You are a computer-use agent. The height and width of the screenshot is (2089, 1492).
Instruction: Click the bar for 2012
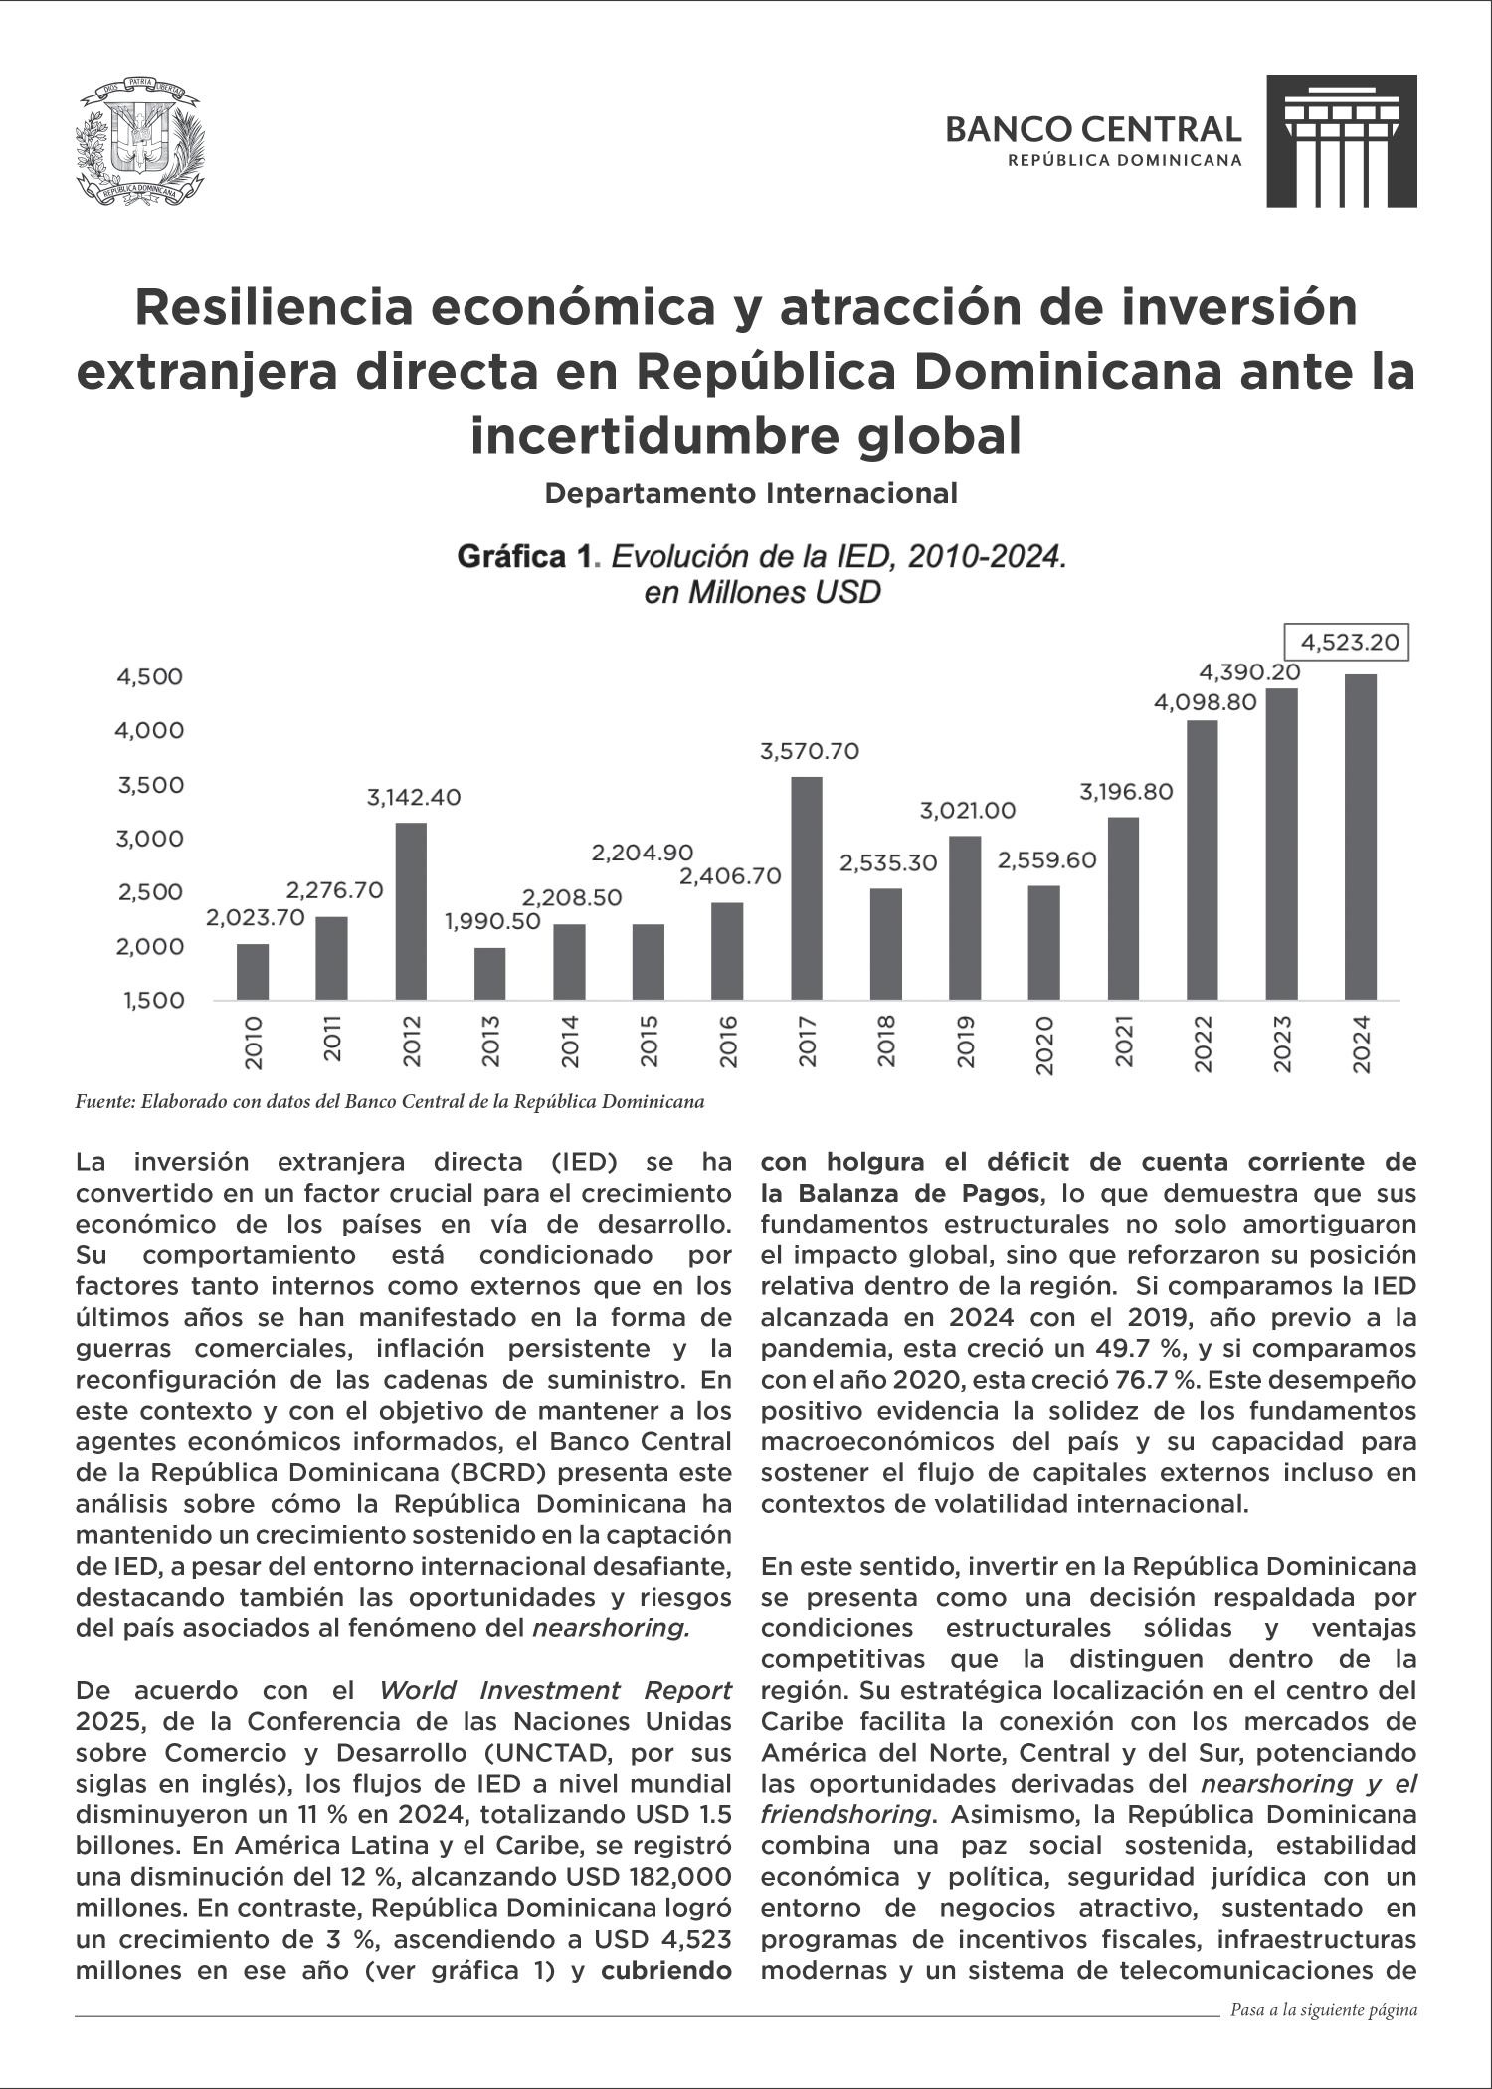[x=411, y=910]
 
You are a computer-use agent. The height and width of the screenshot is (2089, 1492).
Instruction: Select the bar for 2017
[x=807, y=887]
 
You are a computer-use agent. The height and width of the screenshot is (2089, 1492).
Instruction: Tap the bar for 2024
[x=1361, y=837]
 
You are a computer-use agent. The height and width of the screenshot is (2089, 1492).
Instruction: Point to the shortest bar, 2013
[x=489, y=973]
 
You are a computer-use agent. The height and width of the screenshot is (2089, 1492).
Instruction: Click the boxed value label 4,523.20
[x=1348, y=643]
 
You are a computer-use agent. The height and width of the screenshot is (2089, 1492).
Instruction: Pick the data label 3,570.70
[x=810, y=752]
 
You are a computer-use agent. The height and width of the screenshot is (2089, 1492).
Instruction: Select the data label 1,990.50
[x=492, y=922]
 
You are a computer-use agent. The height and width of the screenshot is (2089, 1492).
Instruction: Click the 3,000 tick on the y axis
[x=151, y=839]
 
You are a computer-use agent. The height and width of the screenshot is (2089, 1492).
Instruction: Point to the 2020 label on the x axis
[x=1044, y=1044]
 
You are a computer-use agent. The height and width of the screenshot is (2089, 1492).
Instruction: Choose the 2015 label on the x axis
[x=649, y=1043]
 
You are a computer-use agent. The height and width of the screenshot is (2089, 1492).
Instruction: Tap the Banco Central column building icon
[x=1341, y=141]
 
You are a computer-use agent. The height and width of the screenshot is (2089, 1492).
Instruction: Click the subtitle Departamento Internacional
[x=751, y=493]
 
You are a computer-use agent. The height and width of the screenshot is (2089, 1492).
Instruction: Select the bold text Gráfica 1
[x=524, y=557]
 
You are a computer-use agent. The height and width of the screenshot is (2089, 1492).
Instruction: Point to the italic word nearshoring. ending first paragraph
[x=612, y=1628]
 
